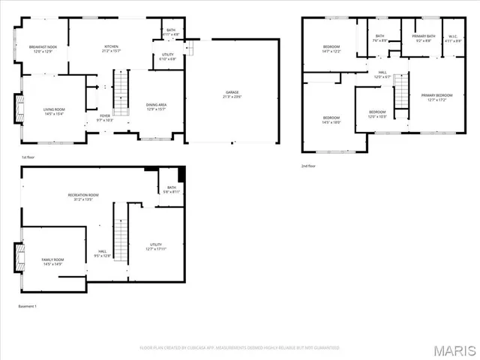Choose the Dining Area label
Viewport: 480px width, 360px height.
tap(156, 107)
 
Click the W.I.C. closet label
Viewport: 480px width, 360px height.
tap(453, 37)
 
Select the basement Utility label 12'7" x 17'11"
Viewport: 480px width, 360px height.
tap(156, 247)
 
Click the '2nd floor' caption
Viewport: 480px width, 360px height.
tap(309, 166)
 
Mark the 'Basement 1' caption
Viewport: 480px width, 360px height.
tap(27, 306)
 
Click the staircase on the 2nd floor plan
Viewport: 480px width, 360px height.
tap(402, 90)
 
